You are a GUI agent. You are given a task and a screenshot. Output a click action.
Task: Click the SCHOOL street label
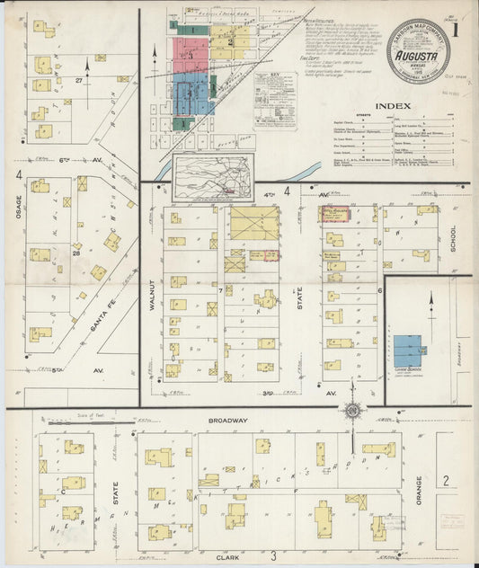454,238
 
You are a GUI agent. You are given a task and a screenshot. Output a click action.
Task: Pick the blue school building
407,351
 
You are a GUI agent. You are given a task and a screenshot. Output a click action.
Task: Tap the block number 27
79,81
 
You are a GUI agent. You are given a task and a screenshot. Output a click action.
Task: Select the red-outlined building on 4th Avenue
335,213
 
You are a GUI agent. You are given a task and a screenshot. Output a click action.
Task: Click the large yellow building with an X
253,223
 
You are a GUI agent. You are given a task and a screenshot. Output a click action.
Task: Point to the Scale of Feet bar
67,418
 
